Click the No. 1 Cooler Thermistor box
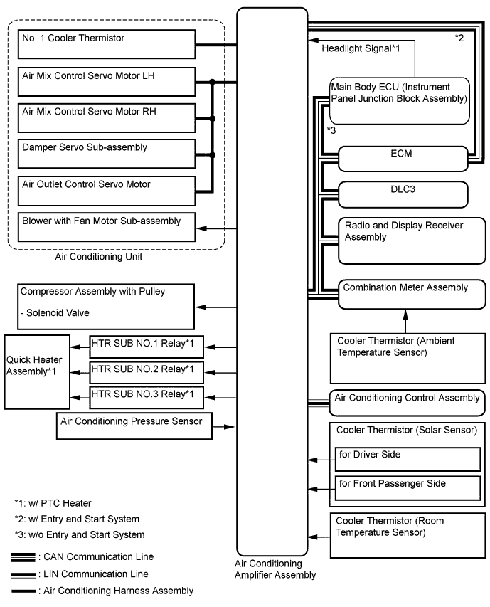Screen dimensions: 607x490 [x=106, y=45]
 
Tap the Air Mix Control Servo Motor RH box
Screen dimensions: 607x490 [x=106, y=119]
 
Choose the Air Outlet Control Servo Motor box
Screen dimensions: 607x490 [x=106, y=191]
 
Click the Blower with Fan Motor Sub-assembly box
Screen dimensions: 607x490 [x=106, y=228]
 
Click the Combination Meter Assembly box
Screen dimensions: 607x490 [x=411, y=293]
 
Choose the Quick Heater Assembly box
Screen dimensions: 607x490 [x=37, y=369]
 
